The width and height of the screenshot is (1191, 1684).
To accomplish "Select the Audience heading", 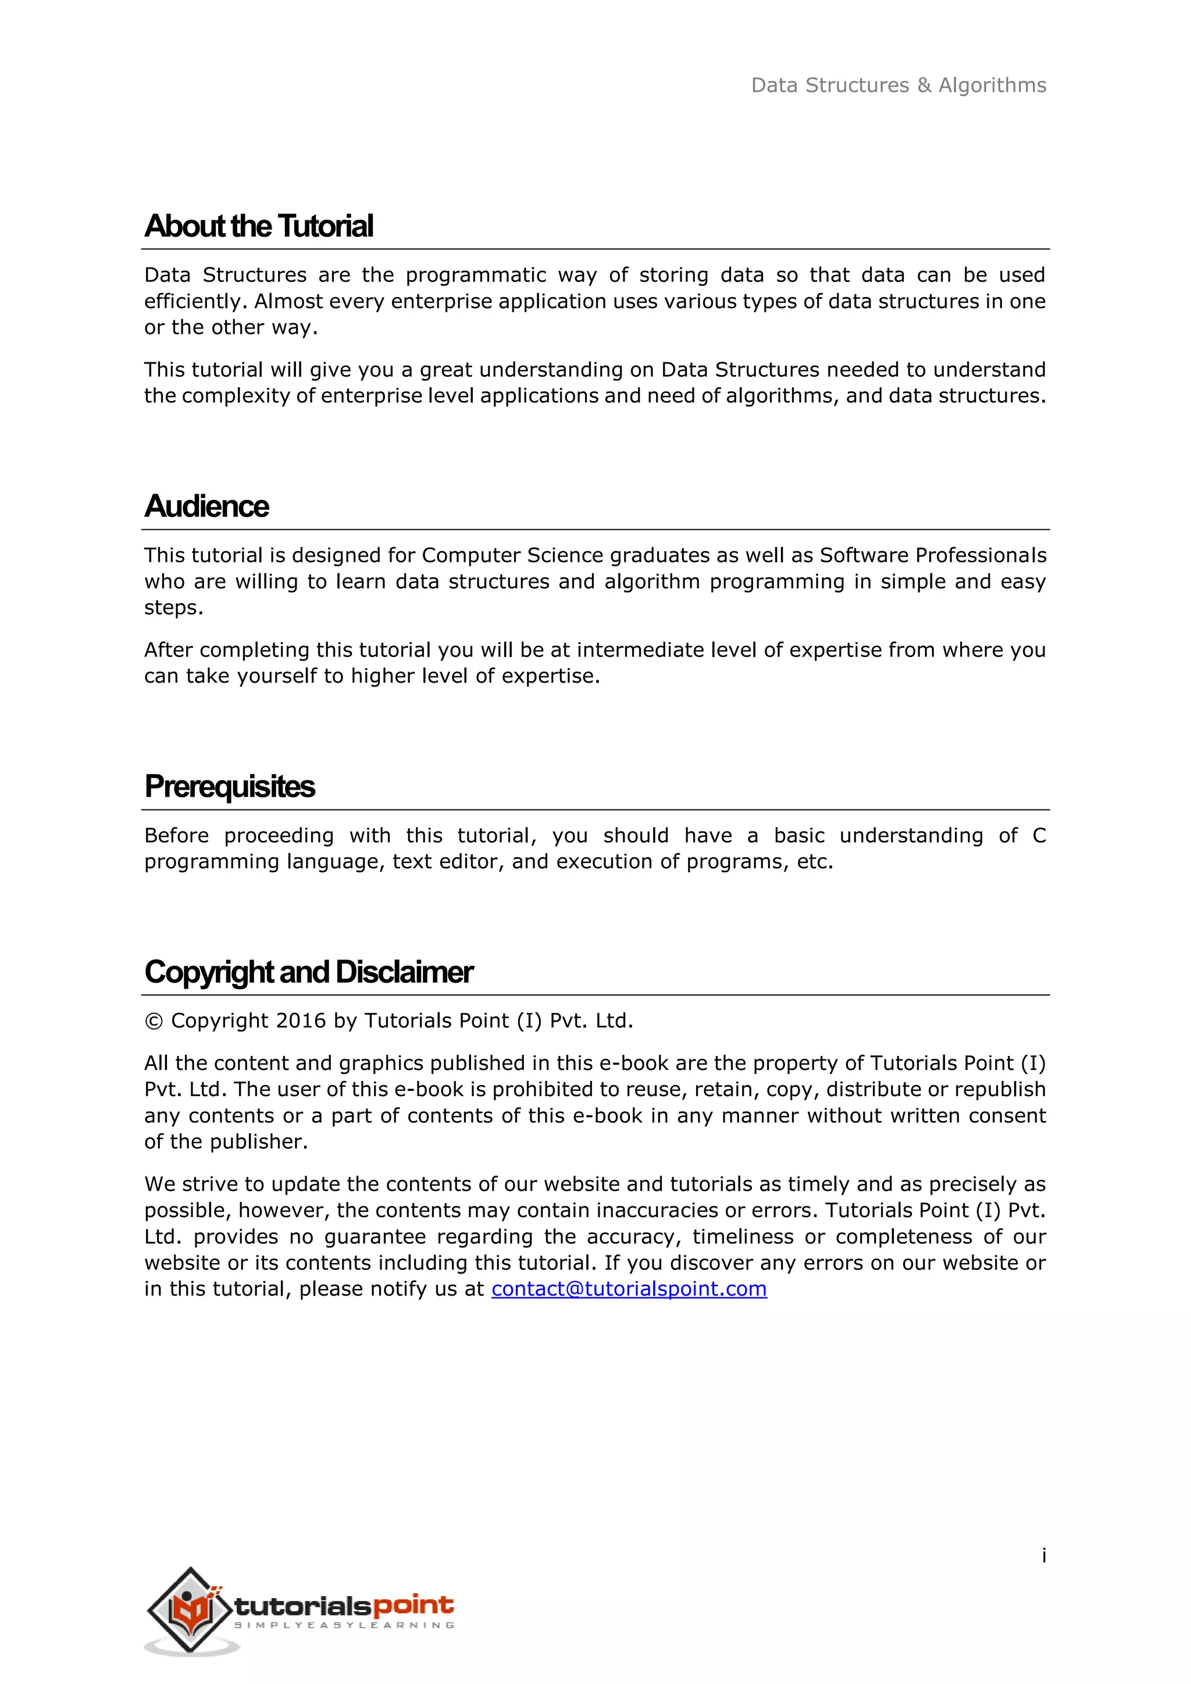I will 207,506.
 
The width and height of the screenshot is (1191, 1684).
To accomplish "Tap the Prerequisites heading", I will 230,786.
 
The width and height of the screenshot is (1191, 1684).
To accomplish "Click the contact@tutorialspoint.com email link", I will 629,1289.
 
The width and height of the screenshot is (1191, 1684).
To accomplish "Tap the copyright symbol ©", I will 154,1022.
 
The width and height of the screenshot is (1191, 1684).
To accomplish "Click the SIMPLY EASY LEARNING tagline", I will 344,1625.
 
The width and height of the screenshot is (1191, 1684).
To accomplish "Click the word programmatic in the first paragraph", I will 476,275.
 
